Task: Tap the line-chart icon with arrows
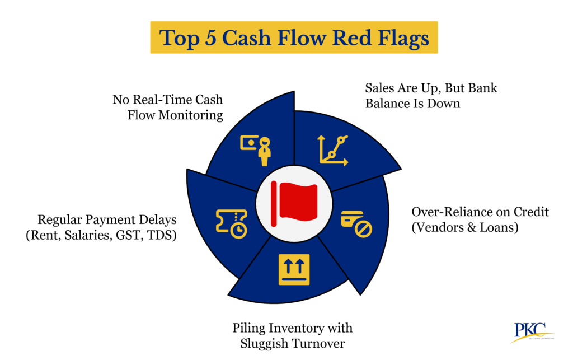click(334, 150)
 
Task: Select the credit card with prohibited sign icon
click(356, 223)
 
